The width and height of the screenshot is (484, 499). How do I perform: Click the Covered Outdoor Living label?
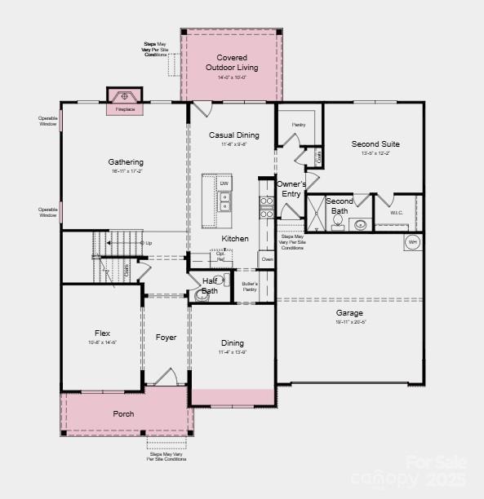[x=232, y=62]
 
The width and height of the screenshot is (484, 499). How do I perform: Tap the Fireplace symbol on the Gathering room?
[x=125, y=95]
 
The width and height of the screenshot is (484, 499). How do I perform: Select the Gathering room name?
[x=126, y=162]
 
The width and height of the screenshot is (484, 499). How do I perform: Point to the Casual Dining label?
[x=234, y=135]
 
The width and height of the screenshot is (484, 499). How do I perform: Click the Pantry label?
[x=298, y=125]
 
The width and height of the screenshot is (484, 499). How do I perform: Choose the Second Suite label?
[x=375, y=144]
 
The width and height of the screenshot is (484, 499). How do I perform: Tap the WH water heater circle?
[x=412, y=242]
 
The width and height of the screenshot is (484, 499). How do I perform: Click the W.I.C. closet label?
[x=397, y=213]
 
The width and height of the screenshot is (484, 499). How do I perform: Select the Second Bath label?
[x=340, y=205]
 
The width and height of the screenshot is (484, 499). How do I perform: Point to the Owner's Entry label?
[x=291, y=189]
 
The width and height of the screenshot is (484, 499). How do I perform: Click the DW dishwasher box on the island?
[x=224, y=183]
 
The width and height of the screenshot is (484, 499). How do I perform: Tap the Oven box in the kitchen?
[x=267, y=259]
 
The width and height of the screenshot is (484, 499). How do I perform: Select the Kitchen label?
[x=235, y=239]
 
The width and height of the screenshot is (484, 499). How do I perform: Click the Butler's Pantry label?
[x=249, y=286]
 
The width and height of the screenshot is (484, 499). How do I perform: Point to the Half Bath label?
[x=210, y=285]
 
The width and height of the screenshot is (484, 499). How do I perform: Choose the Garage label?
[x=349, y=312]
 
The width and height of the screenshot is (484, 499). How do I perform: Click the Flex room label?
[x=102, y=333]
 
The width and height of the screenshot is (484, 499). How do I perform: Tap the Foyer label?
[x=167, y=338]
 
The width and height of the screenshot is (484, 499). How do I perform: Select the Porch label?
[x=123, y=414]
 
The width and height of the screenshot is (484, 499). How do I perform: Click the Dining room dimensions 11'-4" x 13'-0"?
[x=232, y=352]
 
